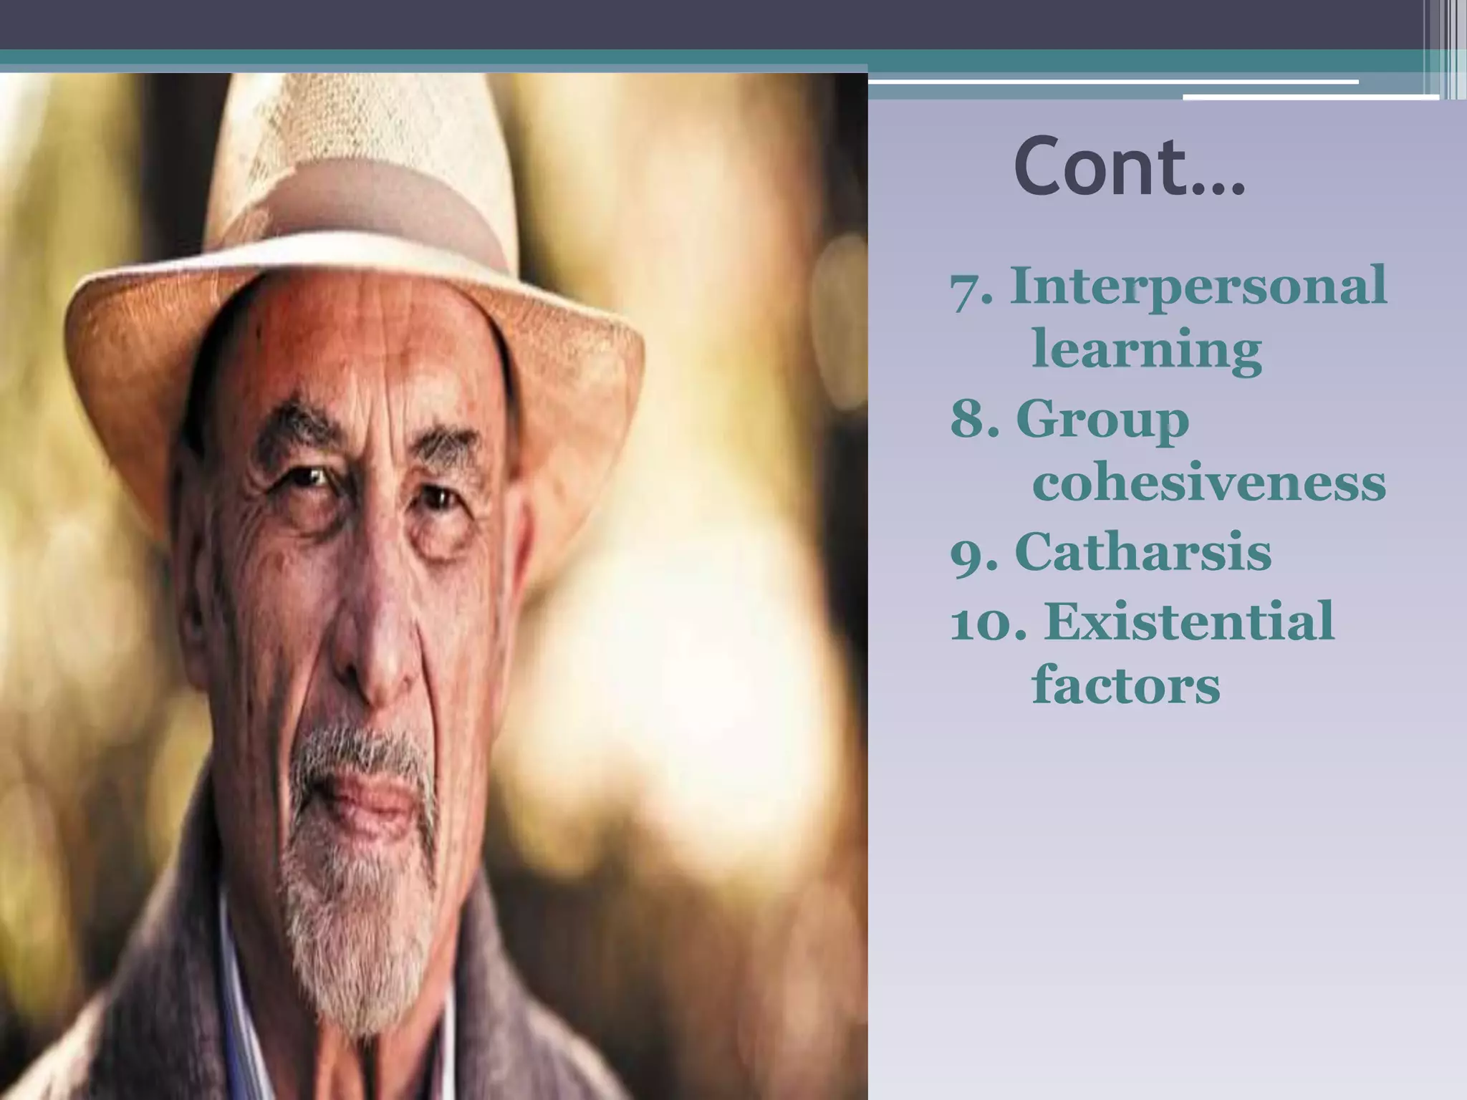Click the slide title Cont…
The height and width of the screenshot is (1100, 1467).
[x=1129, y=166]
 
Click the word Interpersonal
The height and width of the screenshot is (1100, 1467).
[x=1198, y=286]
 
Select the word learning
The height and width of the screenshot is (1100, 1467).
[x=1146, y=349]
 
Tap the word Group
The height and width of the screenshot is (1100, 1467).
[x=1102, y=420]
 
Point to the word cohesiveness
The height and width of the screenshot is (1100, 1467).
[x=1208, y=483]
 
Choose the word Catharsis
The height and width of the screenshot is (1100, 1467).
[x=1143, y=551]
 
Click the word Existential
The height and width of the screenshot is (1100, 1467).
[x=1189, y=620]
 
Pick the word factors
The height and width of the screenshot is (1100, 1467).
[x=1125, y=685]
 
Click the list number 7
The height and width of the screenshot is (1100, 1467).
[x=968, y=288]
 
